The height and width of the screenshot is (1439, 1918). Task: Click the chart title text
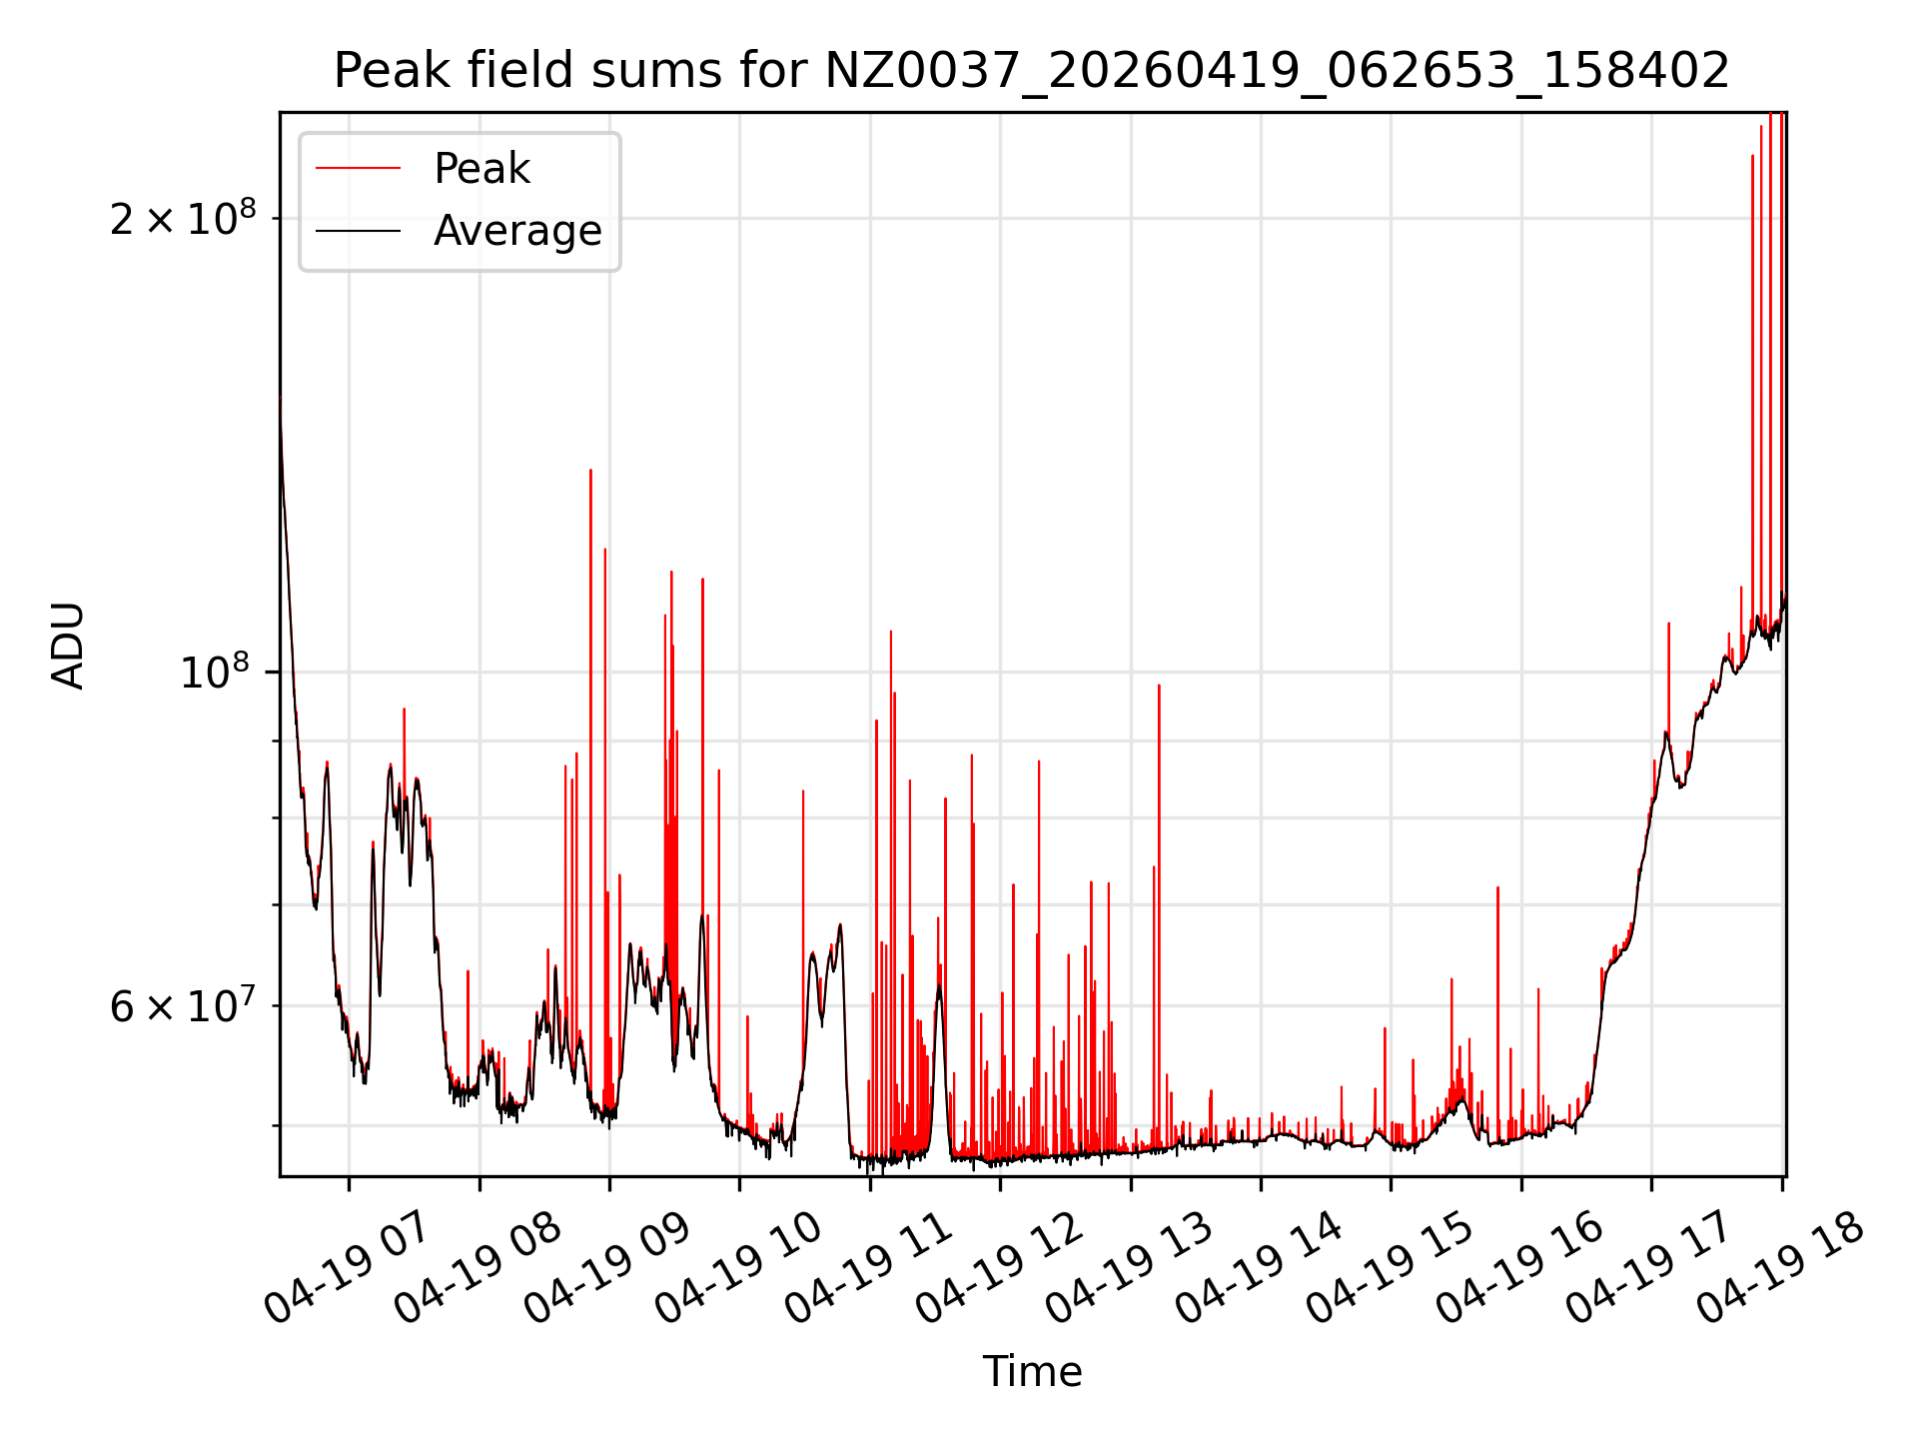tap(1031, 71)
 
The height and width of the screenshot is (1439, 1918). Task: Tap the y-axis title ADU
tap(68, 646)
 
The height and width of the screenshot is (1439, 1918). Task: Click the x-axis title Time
tap(1032, 1372)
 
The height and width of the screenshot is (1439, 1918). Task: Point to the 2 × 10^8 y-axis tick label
tap(183, 218)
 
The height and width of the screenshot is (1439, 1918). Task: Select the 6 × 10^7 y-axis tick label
tap(183, 1005)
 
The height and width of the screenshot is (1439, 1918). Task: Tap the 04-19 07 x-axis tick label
tap(346, 1267)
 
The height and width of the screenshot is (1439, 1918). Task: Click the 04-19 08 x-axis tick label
tap(477, 1267)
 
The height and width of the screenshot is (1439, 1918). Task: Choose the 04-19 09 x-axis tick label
tap(606, 1267)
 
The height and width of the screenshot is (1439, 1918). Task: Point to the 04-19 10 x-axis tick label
tap(737, 1267)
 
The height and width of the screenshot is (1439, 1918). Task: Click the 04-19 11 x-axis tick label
tap(867, 1267)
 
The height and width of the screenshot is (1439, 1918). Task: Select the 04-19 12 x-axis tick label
tap(998, 1267)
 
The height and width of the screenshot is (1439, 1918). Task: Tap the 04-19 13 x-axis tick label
tap(1128, 1267)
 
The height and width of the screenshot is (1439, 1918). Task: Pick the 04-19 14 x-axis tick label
tap(1258, 1267)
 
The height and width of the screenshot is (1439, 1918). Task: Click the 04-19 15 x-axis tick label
tap(1389, 1267)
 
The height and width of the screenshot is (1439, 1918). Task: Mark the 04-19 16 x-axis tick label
tap(1518, 1267)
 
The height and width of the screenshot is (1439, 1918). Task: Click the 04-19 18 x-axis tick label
tap(1779, 1267)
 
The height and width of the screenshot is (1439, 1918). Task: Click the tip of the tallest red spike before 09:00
tap(590, 470)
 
